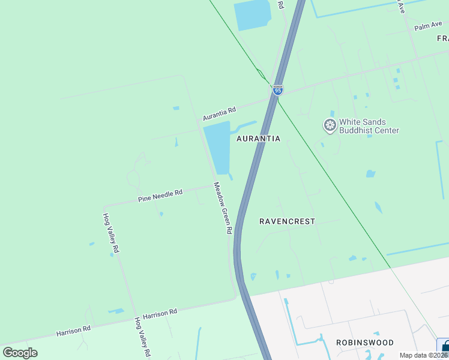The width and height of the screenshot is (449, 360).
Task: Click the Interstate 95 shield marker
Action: (x=277, y=90)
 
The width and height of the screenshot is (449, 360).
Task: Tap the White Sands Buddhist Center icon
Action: (x=330, y=126)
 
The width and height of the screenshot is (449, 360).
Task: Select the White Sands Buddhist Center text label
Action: (x=369, y=126)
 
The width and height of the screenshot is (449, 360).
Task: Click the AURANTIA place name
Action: (x=258, y=139)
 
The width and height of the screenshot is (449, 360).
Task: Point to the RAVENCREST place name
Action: (x=287, y=221)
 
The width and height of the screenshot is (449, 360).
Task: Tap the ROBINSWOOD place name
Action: (x=364, y=343)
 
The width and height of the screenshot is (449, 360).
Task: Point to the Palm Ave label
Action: (x=427, y=26)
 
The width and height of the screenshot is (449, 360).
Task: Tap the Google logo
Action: (x=20, y=353)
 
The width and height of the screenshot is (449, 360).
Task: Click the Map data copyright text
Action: (x=424, y=355)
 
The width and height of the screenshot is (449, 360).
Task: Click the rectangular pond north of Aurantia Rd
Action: (x=256, y=15)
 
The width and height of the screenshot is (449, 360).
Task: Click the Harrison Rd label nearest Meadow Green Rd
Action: (x=160, y=313)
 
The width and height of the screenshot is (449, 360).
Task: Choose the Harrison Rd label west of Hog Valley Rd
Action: (x=73, y=329)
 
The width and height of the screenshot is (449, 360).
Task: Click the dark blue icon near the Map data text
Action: (x=445, y=347)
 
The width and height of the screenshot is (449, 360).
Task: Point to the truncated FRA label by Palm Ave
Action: (x=442, y=38)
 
